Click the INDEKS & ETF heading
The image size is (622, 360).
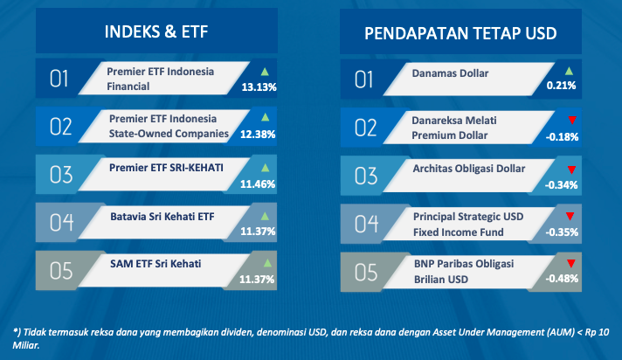156,31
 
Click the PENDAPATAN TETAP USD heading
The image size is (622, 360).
460,33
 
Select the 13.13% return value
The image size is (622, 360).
259,87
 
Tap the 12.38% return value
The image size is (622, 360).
258,135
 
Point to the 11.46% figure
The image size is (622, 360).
258,183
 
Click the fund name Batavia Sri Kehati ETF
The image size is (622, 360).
162,217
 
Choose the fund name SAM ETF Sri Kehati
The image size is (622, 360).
155,264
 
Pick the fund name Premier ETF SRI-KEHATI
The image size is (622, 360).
166,168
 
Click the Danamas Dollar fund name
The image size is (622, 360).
450,73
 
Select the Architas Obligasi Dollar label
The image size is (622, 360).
469,169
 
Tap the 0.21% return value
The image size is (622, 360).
561,86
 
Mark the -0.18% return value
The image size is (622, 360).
562,137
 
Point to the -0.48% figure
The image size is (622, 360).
562,279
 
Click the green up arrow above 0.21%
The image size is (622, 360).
569,72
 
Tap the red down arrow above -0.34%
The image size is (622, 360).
571,170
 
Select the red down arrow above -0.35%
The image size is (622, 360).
570,217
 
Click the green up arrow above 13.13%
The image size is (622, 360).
265,72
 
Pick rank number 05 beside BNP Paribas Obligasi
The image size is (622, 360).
366,273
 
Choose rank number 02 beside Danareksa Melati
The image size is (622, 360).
366,128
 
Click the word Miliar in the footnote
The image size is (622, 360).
26,345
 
